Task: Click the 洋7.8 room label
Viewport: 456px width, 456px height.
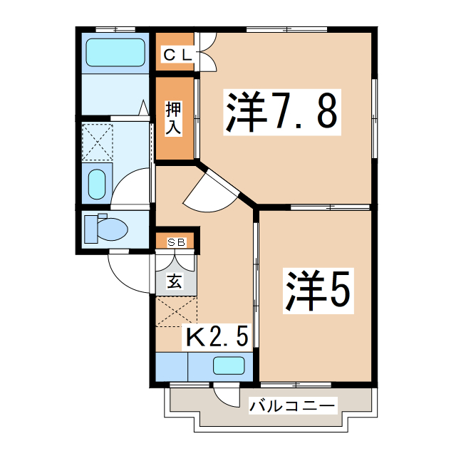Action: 281,110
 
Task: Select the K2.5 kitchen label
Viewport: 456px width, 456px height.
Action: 217,336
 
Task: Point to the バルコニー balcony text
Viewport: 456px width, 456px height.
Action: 291,407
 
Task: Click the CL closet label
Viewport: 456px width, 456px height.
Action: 175,53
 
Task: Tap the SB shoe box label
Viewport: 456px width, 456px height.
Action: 176,242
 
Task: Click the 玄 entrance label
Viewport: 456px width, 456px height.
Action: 175,280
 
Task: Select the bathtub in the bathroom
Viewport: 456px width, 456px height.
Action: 115,53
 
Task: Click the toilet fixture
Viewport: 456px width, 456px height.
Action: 105,229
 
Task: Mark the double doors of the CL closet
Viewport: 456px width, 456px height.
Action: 205,53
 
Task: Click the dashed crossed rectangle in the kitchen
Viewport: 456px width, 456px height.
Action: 175,310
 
